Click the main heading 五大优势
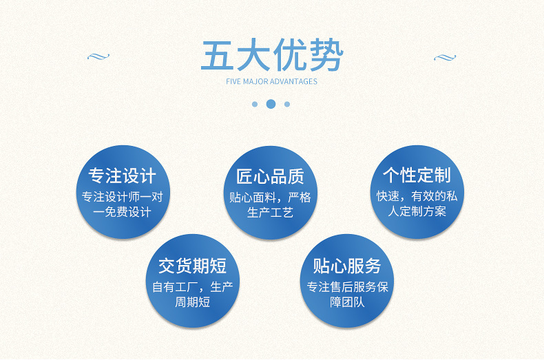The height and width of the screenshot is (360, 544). click(271, 55)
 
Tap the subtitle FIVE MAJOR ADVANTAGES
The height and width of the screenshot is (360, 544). click(271, 81)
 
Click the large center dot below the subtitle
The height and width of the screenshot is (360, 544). click(271, 104)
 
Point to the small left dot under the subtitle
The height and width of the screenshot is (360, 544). click(254, 104)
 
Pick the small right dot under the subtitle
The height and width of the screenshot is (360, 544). click(287, 104)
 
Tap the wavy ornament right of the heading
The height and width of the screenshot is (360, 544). click(445, 57)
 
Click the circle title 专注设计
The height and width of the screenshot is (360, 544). click(123, 176)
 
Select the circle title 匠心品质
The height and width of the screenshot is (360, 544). click(270, 176)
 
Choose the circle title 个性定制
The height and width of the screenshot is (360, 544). click(417, 175)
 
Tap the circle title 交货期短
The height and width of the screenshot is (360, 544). click(192, 266)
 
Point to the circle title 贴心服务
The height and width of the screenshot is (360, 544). click(347, 266)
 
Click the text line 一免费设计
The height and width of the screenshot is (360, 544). click(123, 212)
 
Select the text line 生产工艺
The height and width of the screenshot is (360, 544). click(270, 213)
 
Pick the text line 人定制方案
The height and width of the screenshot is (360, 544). click(417, 211)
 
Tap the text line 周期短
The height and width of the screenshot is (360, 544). click(192, 301)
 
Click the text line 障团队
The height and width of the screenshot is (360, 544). click(347, 301)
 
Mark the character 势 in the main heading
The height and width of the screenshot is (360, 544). click(325, 55)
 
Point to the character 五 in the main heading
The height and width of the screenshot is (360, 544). click(218, 55)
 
